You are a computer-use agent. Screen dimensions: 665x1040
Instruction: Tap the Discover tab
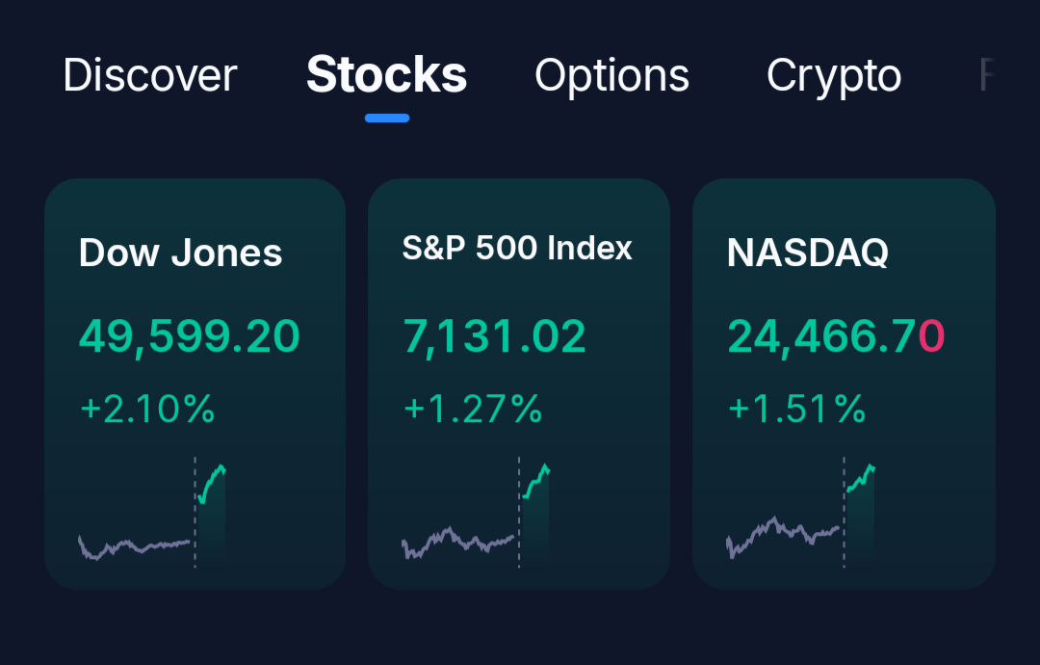point(149,76)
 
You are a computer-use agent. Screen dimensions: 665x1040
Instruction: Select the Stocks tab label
point(386,75)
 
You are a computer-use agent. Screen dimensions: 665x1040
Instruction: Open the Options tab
point(611,76)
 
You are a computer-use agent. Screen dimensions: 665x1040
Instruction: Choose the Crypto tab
point(834,76)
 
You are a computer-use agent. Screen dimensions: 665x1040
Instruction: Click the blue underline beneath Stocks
point(387,119)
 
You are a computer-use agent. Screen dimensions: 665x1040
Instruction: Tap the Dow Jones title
point(180,253)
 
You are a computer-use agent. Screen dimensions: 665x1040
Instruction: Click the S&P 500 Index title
point(517,249)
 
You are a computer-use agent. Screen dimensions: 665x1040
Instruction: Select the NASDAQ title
point(807,253)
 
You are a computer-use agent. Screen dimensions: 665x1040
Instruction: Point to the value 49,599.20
point(190,336)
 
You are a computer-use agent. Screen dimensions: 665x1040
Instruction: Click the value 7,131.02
point(494,336)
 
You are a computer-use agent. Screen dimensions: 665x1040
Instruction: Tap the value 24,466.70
point(835,336)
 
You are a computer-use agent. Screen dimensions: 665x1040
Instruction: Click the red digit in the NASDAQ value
point(931,336)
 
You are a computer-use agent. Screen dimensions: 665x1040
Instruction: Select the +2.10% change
point(147,410)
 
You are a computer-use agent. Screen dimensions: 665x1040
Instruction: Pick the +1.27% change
point(473,410)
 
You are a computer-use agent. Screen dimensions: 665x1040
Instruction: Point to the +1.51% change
point(796,410)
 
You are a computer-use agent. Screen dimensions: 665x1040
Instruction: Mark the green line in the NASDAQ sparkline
point(859,480)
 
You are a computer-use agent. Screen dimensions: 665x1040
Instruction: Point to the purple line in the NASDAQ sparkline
point(780,532)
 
